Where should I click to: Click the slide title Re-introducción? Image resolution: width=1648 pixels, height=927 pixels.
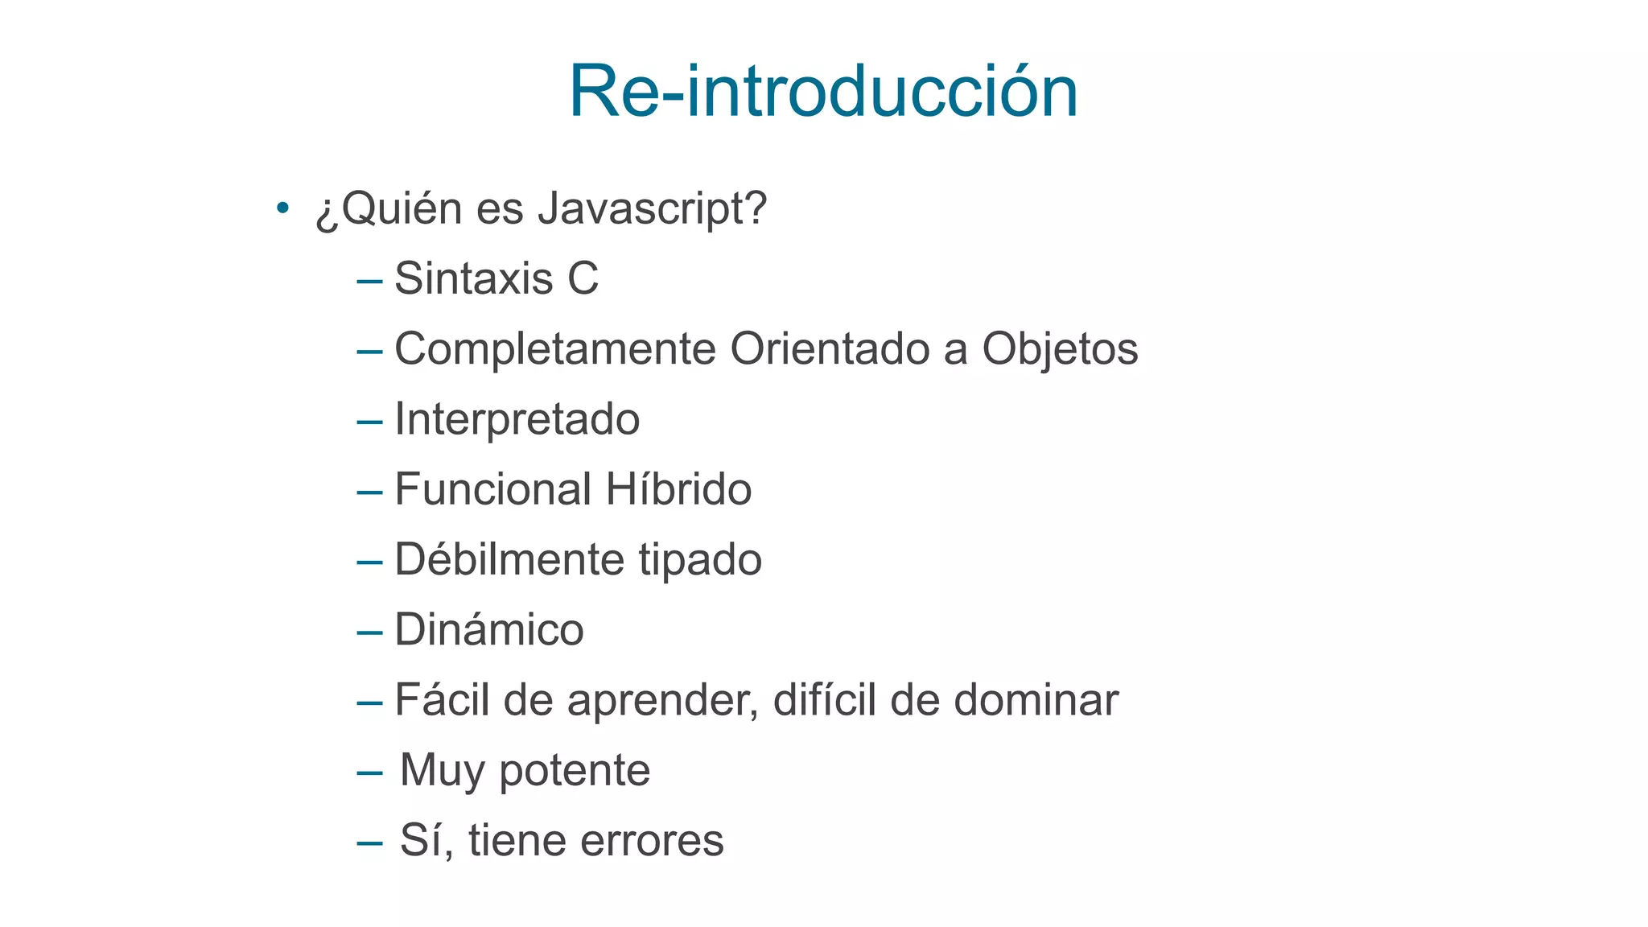click(823, 92)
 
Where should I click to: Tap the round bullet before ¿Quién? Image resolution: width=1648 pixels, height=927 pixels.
click(282, 208)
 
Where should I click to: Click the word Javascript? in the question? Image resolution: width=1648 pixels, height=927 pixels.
click(653, 209)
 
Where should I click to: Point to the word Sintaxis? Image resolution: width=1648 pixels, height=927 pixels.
click(474, 279)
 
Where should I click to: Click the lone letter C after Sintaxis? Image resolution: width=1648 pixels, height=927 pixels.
click(583, 279)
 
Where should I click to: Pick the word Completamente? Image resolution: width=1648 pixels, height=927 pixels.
click(555, 349)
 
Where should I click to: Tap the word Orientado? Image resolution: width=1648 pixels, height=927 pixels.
click(830, 349)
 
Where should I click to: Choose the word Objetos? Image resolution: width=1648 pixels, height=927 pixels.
click(1060, 349)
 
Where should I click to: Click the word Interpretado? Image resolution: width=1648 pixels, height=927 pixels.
click(517, 419)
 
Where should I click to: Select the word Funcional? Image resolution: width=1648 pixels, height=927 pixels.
click(493, 489)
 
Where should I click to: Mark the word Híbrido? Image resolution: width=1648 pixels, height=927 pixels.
click(678, 489)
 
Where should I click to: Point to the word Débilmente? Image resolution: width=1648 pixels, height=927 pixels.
click(509, 559)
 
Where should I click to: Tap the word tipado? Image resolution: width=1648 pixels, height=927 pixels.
click(700, 559)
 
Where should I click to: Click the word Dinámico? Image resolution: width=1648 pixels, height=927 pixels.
click(489, 629)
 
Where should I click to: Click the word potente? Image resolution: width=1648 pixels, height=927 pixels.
click(575, 770)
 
